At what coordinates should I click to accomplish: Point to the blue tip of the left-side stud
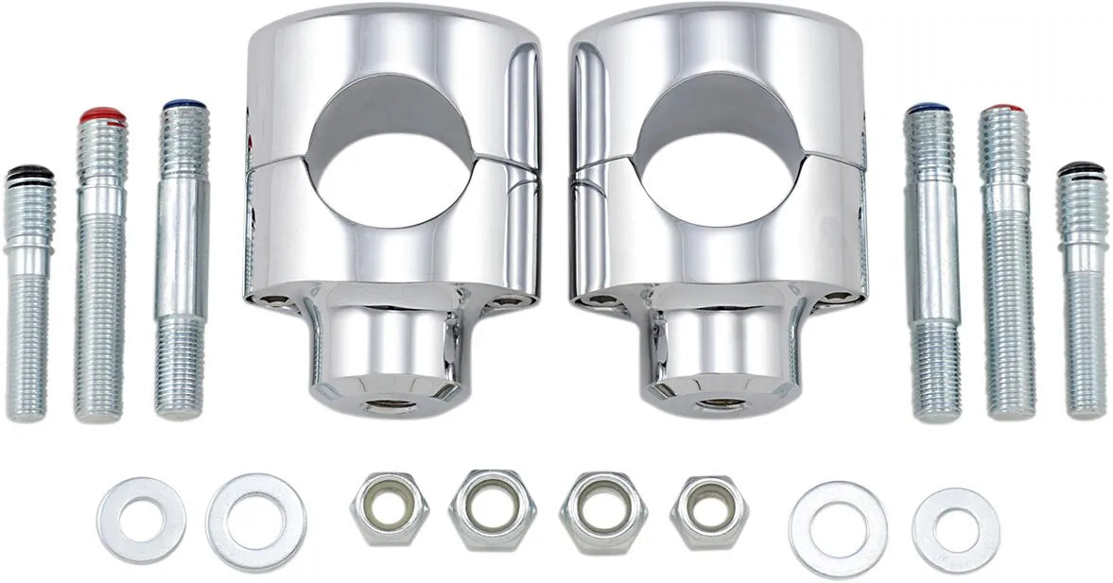183,106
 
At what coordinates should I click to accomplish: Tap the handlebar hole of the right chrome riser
719,161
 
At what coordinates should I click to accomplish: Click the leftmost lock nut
389,507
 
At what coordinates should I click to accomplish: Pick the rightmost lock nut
708,511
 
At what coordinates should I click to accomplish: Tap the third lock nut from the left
602,511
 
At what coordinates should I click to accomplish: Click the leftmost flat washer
141,520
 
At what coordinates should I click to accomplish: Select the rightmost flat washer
955,529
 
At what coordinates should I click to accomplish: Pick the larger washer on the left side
255,522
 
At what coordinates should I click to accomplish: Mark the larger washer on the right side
837,528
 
